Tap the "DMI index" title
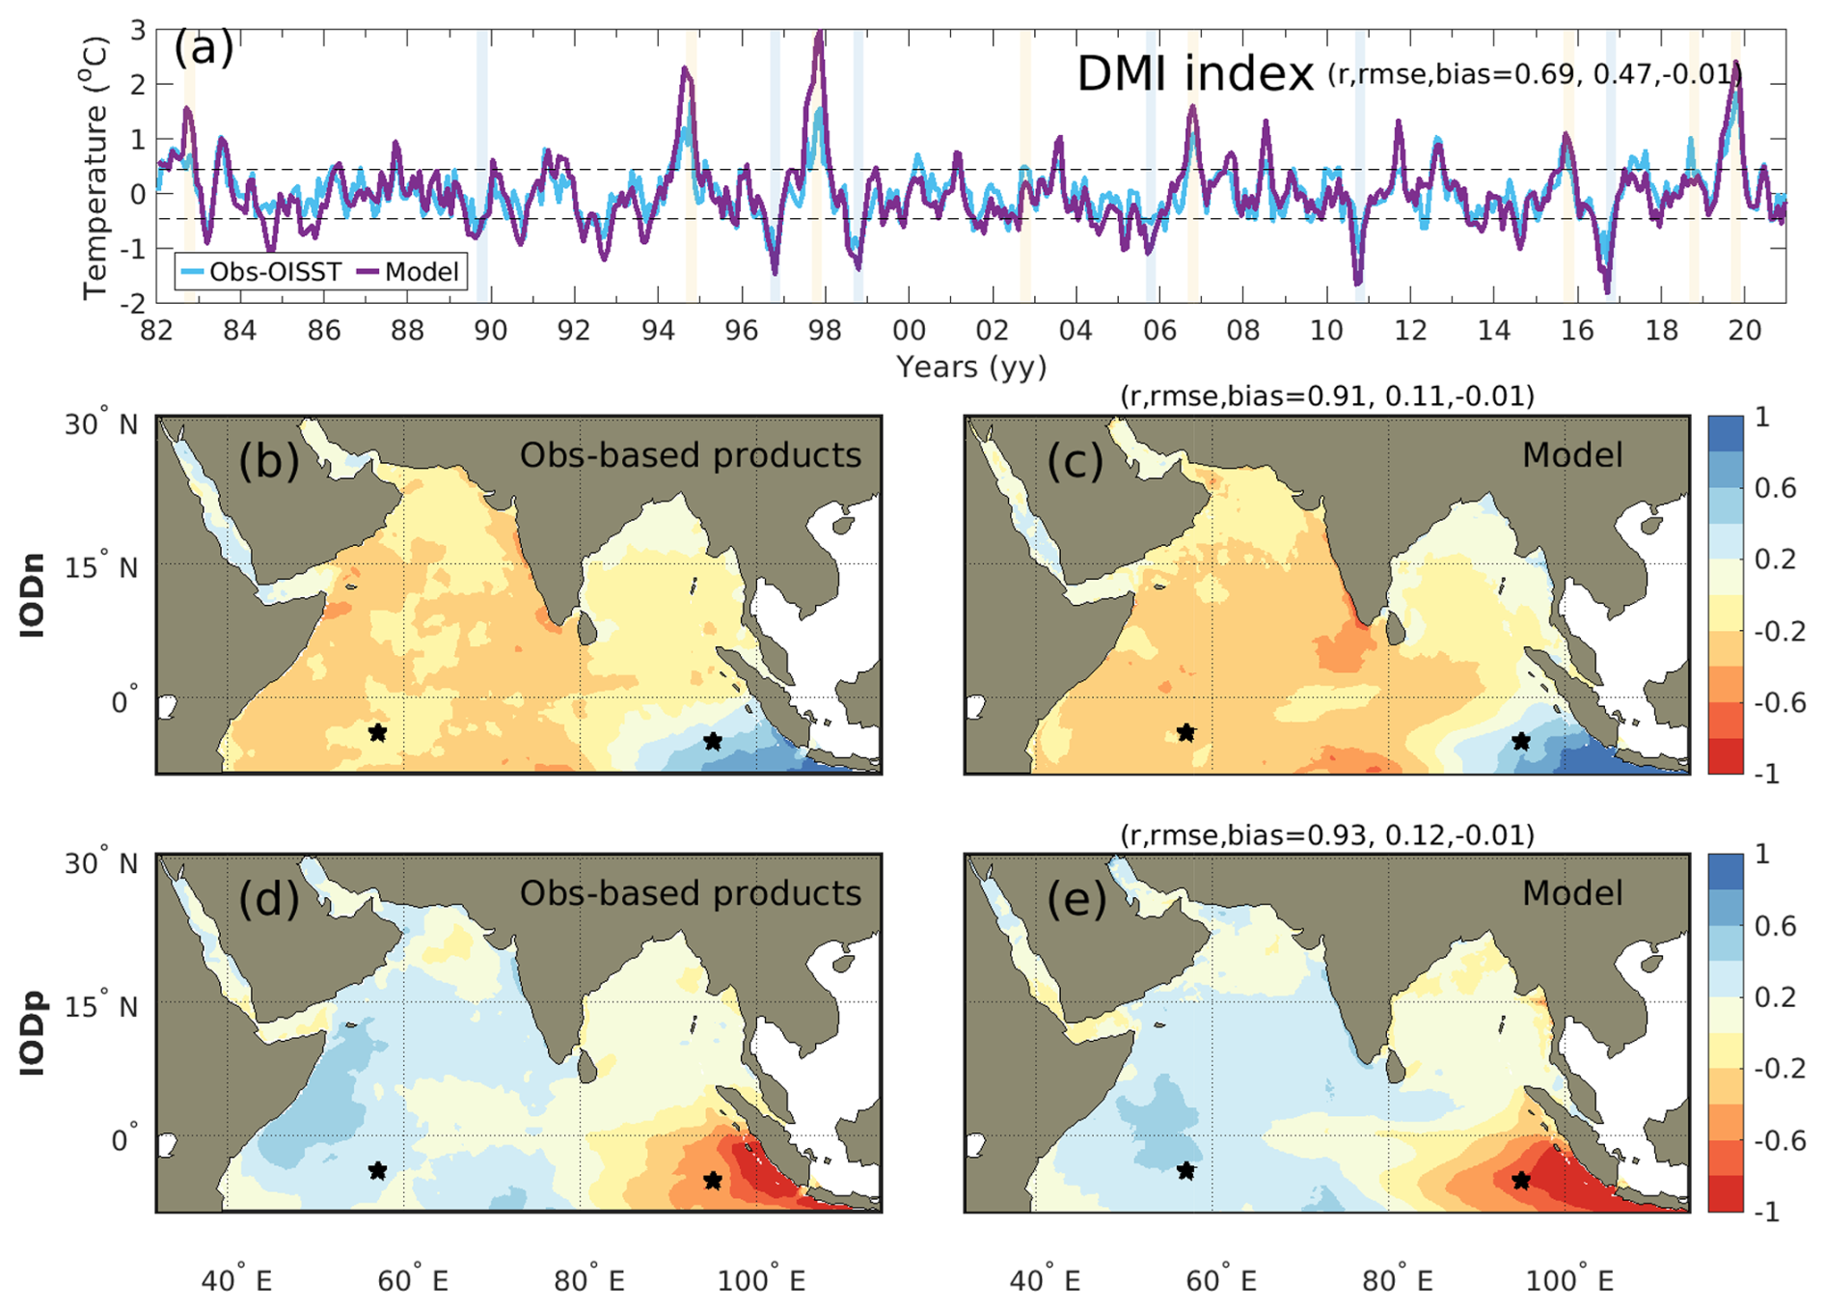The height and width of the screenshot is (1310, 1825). click(x=1194, y=74)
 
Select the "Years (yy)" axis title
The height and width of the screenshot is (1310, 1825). click(x=970, y=367)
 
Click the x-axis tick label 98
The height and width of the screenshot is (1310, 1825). click(x=825, y=331)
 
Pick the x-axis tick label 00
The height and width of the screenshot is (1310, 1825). click(x=909, y=331)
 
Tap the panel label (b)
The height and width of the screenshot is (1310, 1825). click(x=268, y=461)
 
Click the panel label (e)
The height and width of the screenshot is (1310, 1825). click(x=1076, y=899)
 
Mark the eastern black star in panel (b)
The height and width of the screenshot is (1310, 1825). click(x=713, y=741)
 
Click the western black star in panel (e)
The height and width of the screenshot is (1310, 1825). click(x=1186, y=1171)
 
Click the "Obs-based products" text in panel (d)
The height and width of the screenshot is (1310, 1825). click(x=690, y=893)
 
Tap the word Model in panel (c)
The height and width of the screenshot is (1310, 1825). click(x=1572, y=455)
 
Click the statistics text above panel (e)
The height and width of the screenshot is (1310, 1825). click(x=1326, y=834)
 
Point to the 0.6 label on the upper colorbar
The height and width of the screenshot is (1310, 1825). click(x=1776, y=488)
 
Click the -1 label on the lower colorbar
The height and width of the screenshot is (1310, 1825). click(x=1769, y=1213)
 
